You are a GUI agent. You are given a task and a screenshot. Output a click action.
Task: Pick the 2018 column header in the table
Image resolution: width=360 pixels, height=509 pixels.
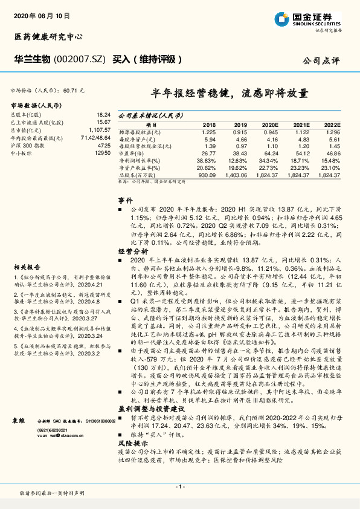point(209,125)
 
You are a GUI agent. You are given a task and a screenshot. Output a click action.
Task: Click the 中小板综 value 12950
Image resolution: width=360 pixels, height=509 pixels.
point(103,154)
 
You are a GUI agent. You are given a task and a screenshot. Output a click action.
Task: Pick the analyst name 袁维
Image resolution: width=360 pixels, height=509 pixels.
point(19,419)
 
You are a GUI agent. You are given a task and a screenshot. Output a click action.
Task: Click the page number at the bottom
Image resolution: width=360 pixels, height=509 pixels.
point(179,487)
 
